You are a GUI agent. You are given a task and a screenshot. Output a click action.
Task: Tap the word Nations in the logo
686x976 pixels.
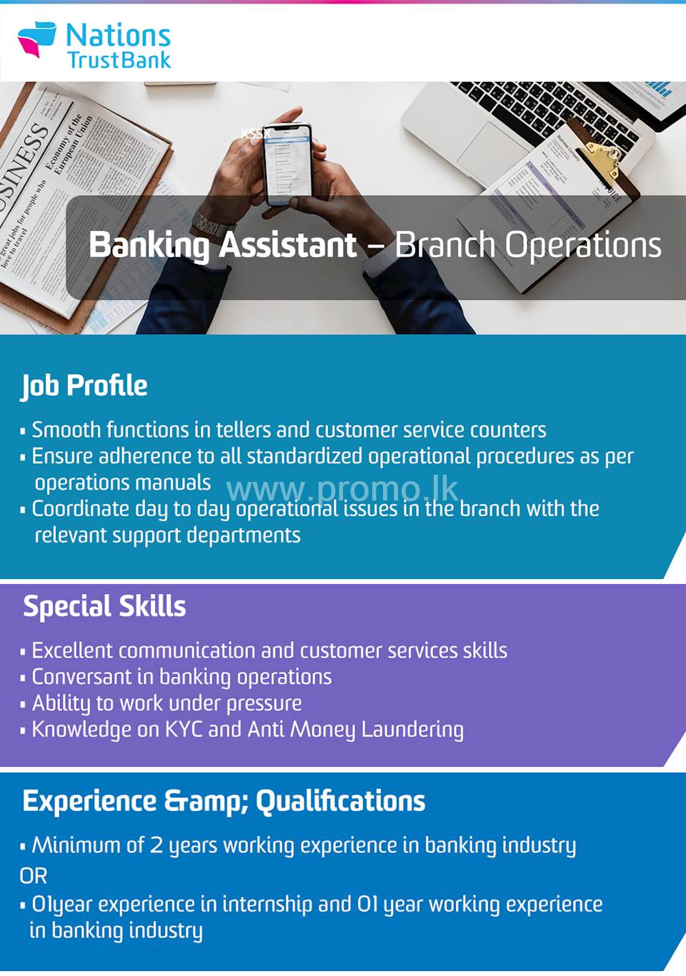pyautogui.click(x=118, y=35)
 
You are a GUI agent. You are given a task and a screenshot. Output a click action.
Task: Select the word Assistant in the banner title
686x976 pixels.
pyautogui.click(x=287, y=245)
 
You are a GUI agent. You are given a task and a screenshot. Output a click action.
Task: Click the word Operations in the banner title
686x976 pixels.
pyautogui.click(x=583, y=245)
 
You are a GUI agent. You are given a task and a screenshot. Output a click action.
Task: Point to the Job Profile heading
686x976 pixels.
pyautogui.click(x=84, y=386)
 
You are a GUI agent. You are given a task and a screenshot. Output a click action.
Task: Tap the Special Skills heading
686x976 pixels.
pyautogui.click(x=104, y=606)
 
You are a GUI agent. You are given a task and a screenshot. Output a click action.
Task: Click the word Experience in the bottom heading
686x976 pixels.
pyautogui.click(x=89, y=801)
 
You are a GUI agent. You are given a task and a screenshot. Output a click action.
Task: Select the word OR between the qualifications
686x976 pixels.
pyautogui.click(x=34, y=875)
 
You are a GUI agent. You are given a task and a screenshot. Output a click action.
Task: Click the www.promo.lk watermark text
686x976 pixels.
pyautogui.click(x=342, y=490)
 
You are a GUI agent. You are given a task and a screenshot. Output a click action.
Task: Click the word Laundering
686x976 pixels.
pyautogui.click(x=412, y=730)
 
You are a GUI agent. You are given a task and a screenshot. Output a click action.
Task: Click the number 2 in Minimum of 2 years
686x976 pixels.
pyautogui.click(x=156, y=845)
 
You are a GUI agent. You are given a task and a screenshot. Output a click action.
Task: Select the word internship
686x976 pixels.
pyautogui.click(x=267, y=904)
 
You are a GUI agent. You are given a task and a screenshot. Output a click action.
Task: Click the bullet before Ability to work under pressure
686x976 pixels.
pyautogui.click(x=23, y=704)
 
